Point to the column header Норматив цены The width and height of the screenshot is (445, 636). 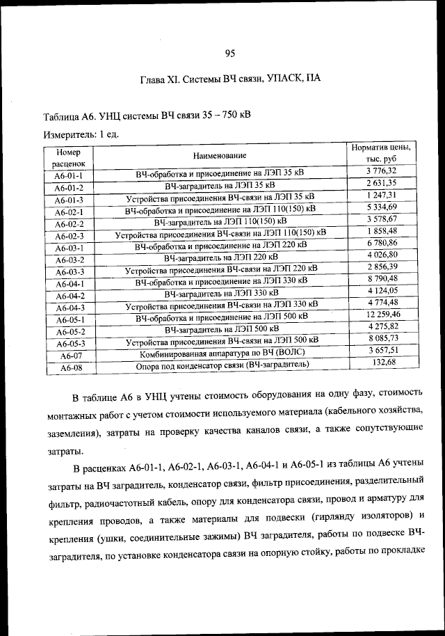(380, 154)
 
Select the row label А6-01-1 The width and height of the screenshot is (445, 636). (70, 176)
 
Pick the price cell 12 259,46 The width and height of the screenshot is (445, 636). (381, 314)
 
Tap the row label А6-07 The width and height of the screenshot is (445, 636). (72, 356)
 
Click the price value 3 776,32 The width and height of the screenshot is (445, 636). (381, 170)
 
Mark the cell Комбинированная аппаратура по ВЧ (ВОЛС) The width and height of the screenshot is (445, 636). (220, 353)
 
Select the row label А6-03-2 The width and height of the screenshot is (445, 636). (70, 260)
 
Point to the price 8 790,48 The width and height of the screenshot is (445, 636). (381, 278)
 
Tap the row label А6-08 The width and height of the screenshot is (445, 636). (72, 367)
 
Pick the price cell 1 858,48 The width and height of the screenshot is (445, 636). (381, 230)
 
